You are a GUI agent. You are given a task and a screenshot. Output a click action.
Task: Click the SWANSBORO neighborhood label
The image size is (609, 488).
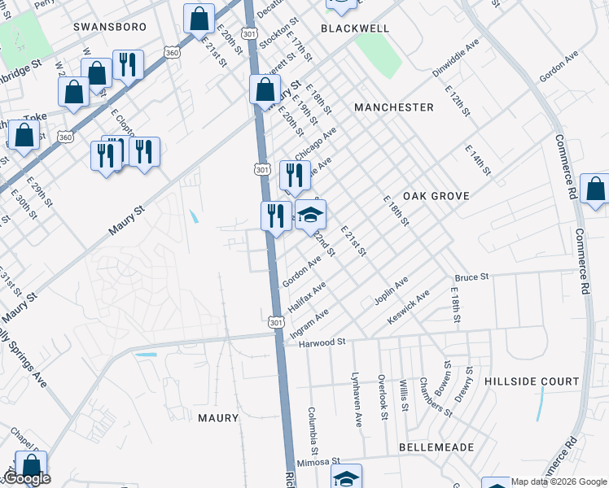[110, 27]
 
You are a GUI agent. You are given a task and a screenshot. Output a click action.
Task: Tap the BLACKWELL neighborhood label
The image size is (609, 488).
[355, 28]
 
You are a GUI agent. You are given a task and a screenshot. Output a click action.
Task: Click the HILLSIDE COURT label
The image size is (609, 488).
[532, 381]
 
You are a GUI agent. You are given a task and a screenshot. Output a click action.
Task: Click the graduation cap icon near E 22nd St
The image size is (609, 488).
[310, 216]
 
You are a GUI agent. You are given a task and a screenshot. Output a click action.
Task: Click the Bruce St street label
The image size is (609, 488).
[471, 277]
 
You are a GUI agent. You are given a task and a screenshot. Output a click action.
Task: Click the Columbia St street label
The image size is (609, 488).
[313, 431]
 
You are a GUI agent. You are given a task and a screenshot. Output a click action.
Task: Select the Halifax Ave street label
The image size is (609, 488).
[307, 298]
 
